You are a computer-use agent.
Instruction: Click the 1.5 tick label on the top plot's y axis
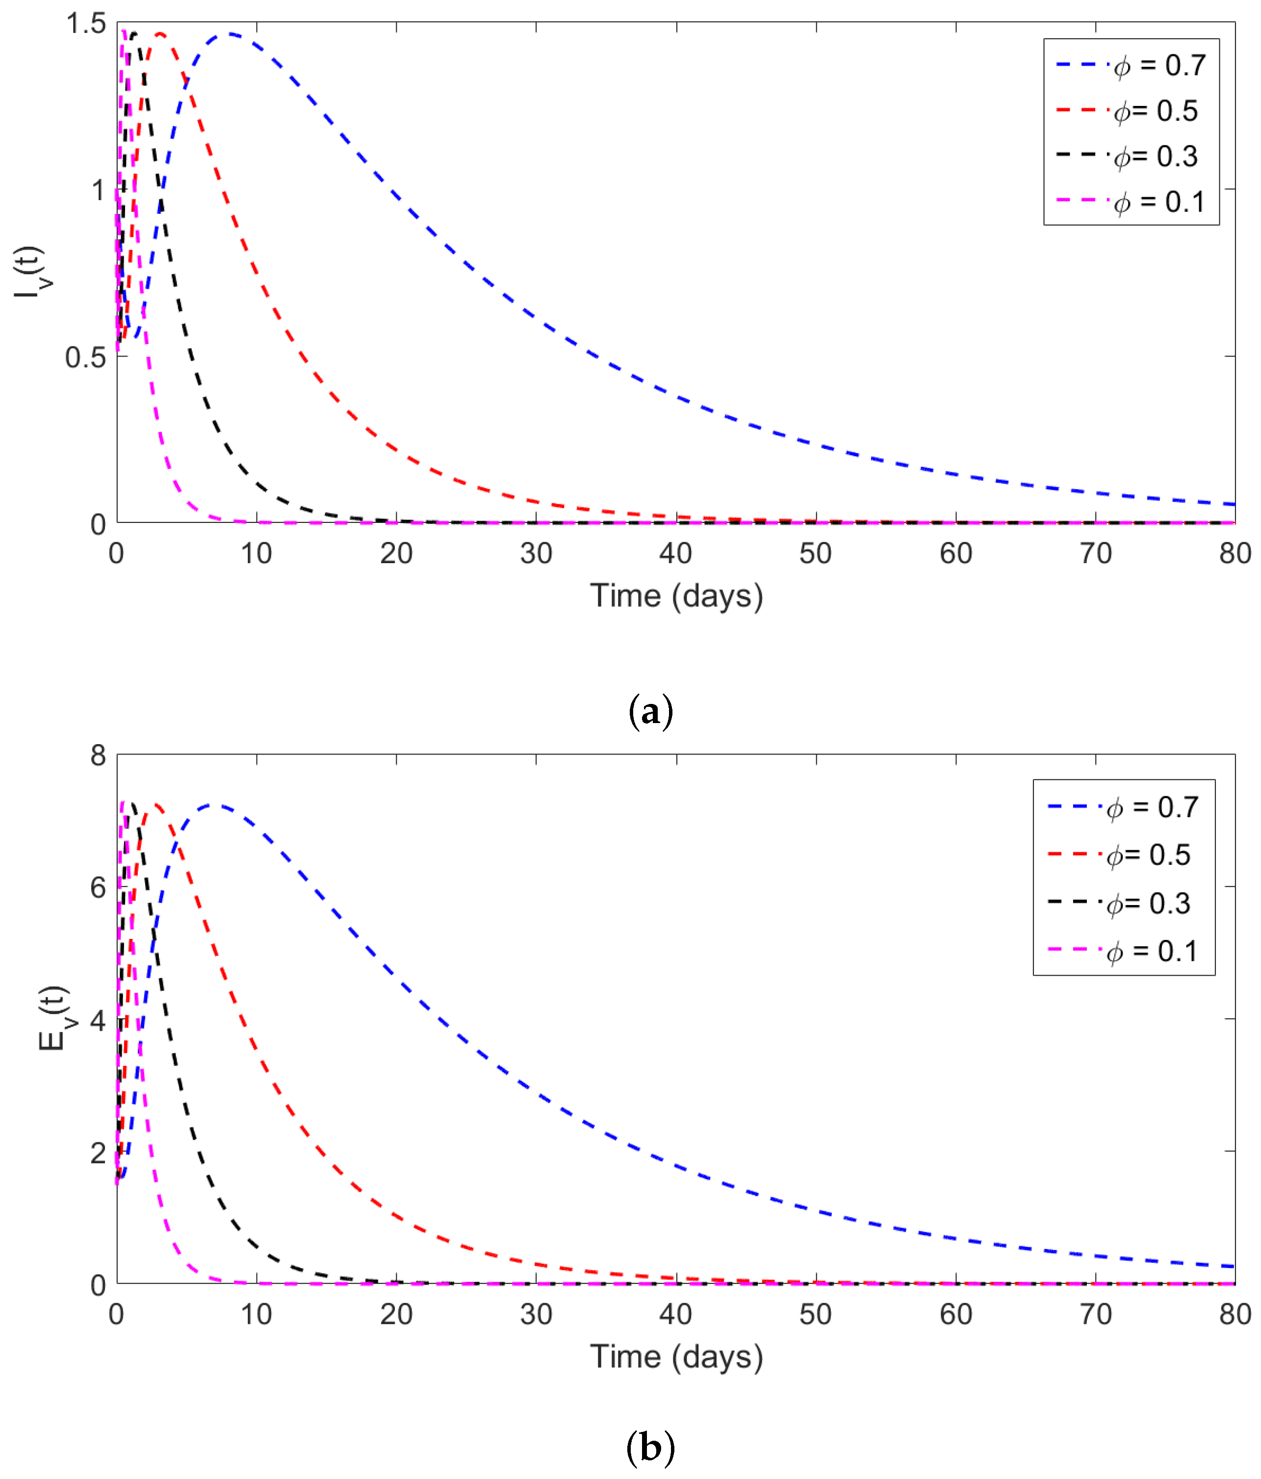(86, 24)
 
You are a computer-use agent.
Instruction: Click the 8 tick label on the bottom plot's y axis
(98, 756)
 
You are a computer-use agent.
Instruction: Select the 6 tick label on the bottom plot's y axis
(98, 888)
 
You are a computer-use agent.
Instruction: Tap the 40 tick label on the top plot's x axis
(675, 554)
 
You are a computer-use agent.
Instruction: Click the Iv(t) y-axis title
(30, 271)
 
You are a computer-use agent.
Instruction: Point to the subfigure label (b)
(650, 1448)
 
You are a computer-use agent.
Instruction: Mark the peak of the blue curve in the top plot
(230, 33)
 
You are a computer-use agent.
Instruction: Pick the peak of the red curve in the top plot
(160, 33)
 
